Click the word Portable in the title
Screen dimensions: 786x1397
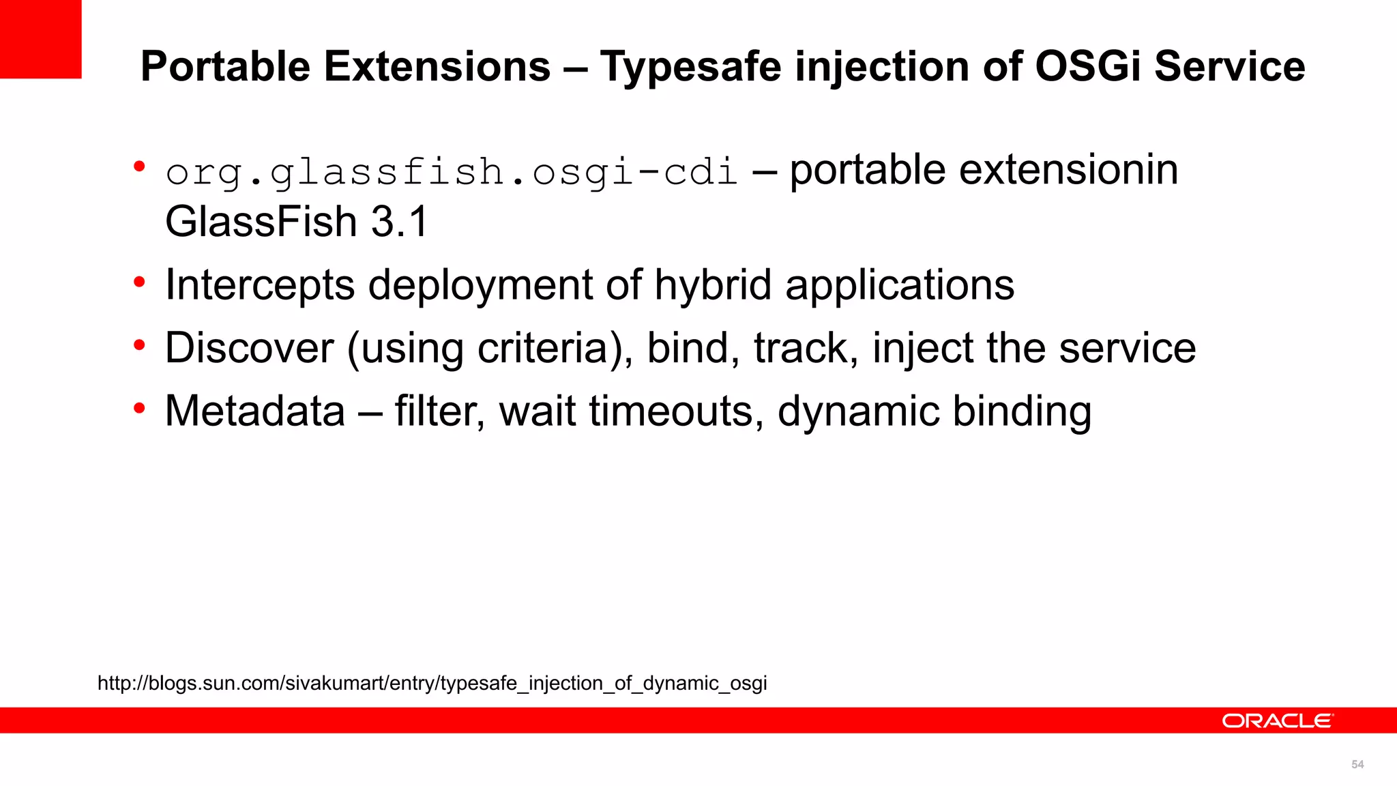click(225, 67)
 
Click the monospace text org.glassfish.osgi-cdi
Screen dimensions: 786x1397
click(452, 171)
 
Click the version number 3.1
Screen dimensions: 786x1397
click(399, 222)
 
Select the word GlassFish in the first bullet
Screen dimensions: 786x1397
click(261, 222)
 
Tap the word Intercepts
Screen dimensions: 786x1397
click(260, 285)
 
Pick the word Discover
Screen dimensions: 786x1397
click(249, 348)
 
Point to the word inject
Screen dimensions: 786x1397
click(923, 348)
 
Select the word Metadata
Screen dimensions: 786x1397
click(255, 411)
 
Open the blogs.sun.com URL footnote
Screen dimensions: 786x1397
click(432, 683)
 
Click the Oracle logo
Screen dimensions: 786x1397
click(1277, 721)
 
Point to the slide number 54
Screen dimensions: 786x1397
click(1357, 765)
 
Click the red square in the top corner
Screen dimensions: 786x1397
click(40, 39)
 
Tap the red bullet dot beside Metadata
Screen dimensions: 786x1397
click(140, 409)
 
